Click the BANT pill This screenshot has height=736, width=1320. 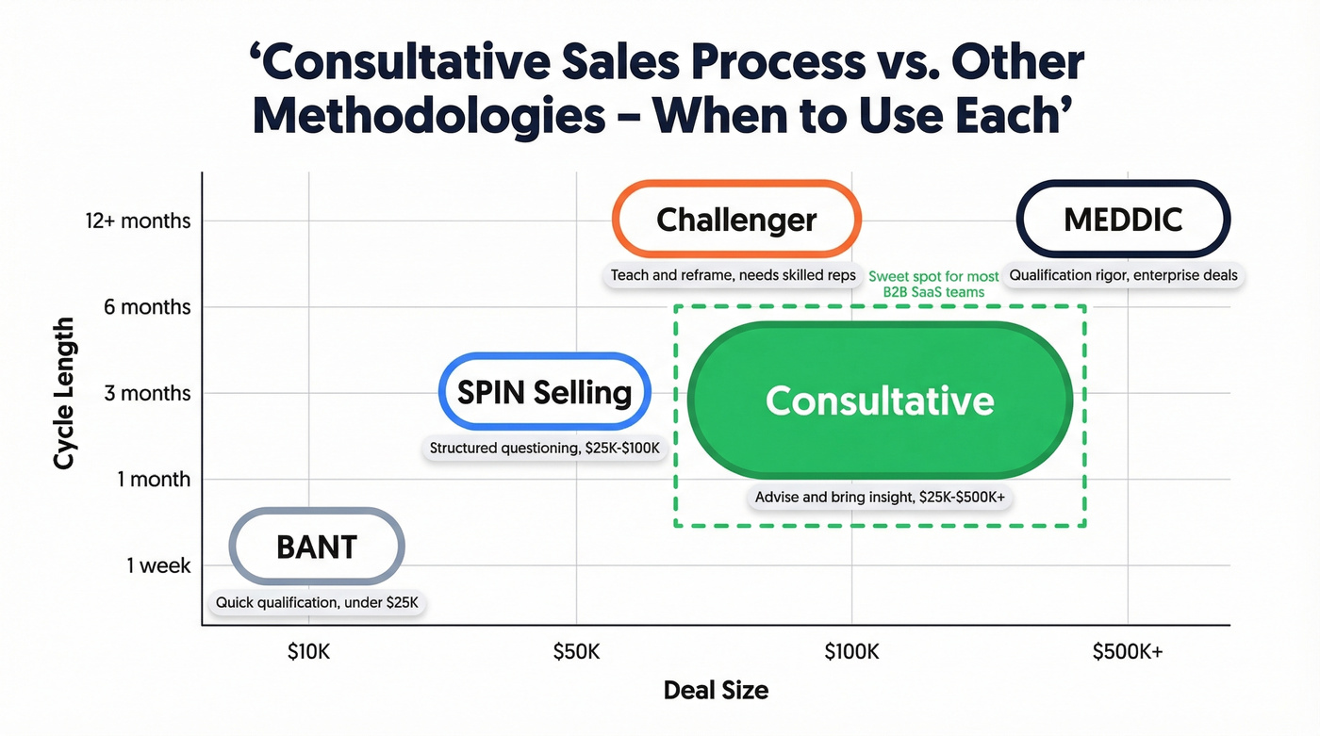pyautogui.click(x=317, y=547)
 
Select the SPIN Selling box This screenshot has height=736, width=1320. pyautogui.click(x=545, y=392)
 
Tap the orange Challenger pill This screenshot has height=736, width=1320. pyautogui.click(x=736, y=220)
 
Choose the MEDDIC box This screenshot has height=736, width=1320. pyautogui.click(x=1123, y=220)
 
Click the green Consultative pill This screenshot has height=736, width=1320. pyautogui.click(x=880, y=401)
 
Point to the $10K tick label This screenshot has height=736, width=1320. pyautogui.click(x=308, y=651)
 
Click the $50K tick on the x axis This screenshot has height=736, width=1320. pyautogui.click(x=575, y=651)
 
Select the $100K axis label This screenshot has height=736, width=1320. pyautogui.click(x=851, y=651)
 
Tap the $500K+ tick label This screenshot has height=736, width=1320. pyautogui.click(x=1128, y=651)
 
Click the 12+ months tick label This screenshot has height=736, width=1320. pyautogui.click(x=138, y=221)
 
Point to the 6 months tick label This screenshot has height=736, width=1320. pyautogui.click(x=147, y=307)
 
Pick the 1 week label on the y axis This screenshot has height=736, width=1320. pyautogui.click(x=158, y=565)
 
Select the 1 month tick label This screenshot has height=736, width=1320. pyautogui.click(x=154, y=479)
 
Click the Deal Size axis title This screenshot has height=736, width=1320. pyautogui.click(x=716, y=690)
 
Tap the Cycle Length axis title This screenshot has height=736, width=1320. pyautogui.click(x=64, y=393)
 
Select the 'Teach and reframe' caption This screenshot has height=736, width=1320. pyautogui.click(x=733, y=275)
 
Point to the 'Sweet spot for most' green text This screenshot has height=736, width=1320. pyautogui.click(x=933, y=277)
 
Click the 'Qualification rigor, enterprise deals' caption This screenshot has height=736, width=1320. pyautogui.click(x=1123, y=275)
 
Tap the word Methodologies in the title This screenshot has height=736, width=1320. pyautogui.click(x=428, y=115)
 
